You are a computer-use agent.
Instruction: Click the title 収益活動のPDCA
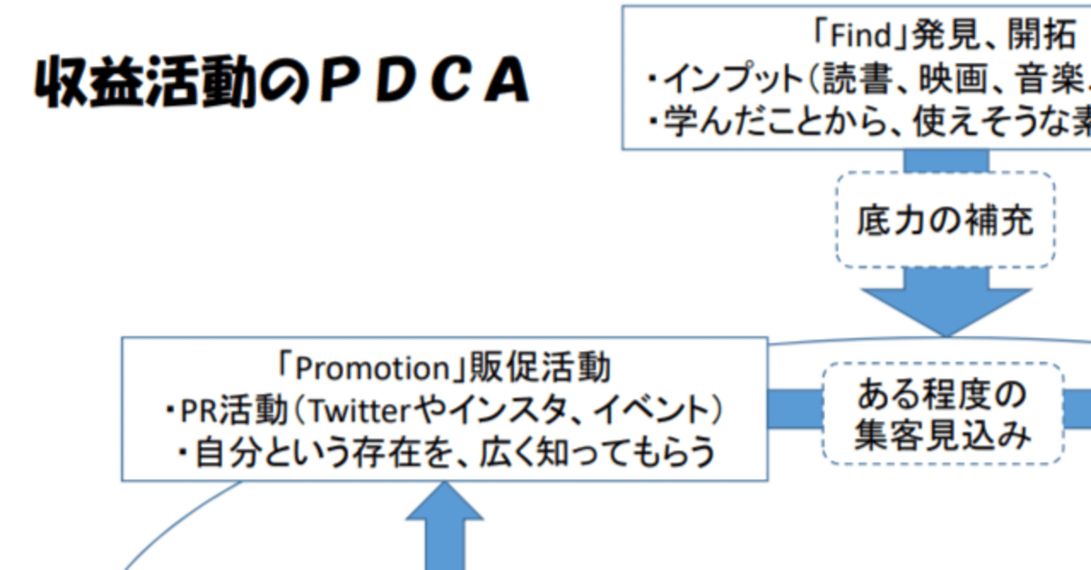pos(281,83)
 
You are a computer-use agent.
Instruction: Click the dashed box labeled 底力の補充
pos(944,220)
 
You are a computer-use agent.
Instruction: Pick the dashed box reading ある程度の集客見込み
pos(942,414)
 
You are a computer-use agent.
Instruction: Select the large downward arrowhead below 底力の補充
pos(945,310)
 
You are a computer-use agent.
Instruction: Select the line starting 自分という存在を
pos(444,452)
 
